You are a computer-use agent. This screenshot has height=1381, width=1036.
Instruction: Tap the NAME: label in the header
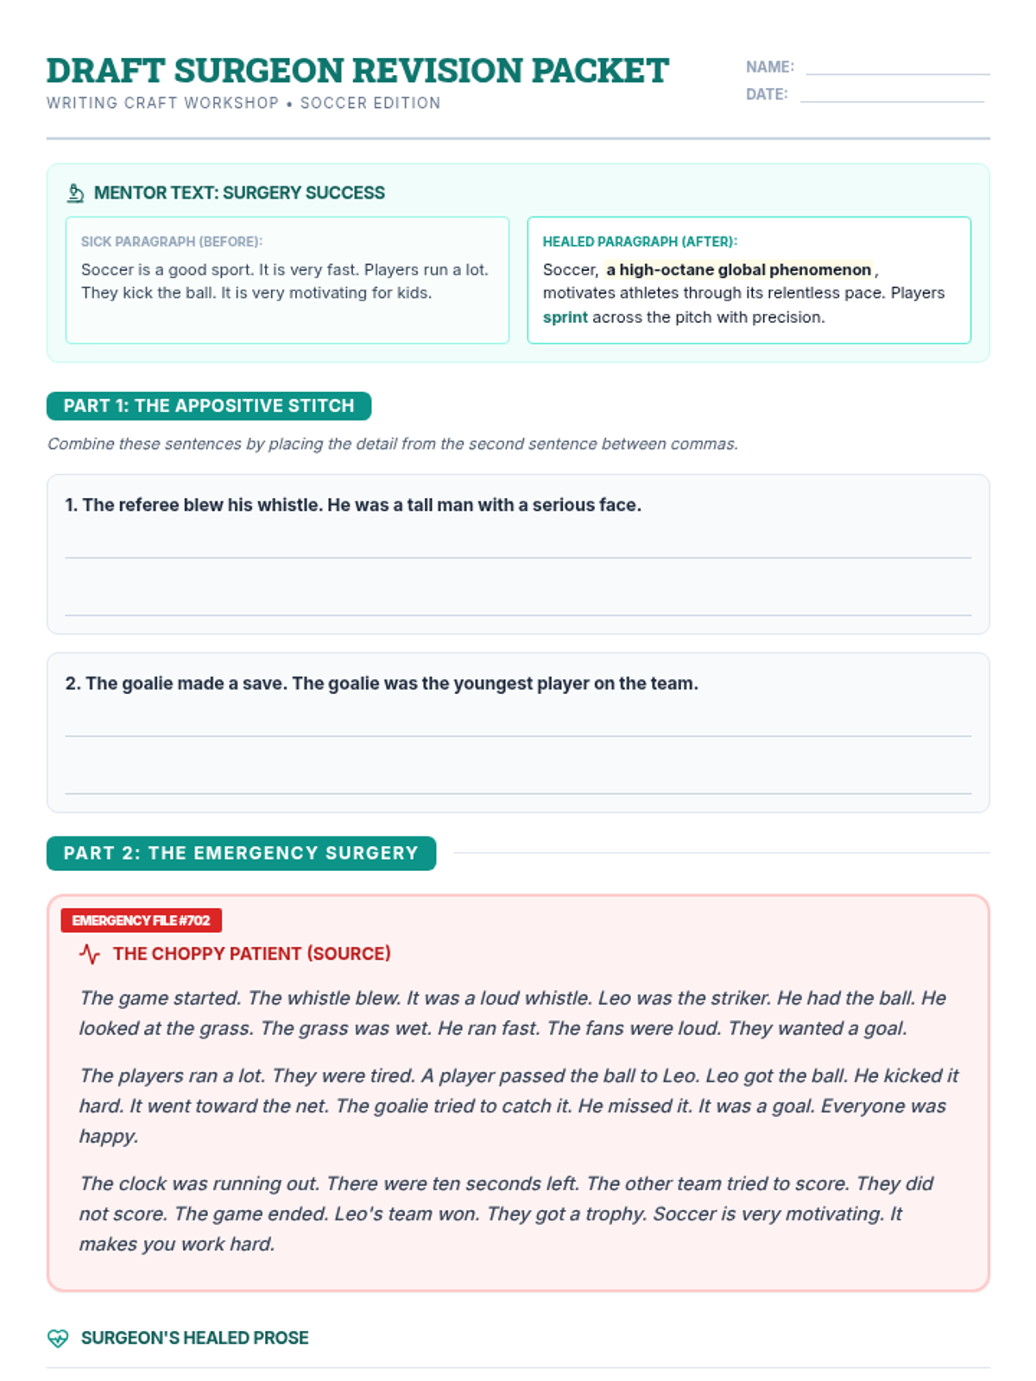coord(769,67)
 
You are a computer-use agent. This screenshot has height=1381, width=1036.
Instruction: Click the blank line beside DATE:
coord(892,100)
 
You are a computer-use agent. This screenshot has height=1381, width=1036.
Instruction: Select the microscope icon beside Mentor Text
coord(76,193)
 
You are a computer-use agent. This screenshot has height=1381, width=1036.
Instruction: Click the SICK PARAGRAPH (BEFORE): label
coord(172,242)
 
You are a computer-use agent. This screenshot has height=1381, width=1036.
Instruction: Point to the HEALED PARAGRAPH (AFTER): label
coord(640,242)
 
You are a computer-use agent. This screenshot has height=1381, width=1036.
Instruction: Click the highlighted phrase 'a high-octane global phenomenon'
coord(738,269)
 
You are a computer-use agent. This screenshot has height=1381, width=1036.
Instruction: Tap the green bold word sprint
coord(565,317)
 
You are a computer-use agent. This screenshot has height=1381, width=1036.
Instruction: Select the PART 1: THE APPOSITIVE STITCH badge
coord(209,406)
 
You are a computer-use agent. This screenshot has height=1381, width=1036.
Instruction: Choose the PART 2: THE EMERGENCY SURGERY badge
coord(241,853)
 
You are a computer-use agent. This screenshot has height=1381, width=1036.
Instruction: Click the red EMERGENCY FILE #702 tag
coord(141,920)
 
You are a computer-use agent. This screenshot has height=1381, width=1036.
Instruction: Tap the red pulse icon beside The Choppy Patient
coord(90,954)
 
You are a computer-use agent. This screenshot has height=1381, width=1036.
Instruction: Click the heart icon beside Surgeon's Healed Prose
coord(58,1338)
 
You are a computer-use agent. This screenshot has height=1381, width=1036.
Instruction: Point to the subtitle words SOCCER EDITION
coord(370,103)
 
